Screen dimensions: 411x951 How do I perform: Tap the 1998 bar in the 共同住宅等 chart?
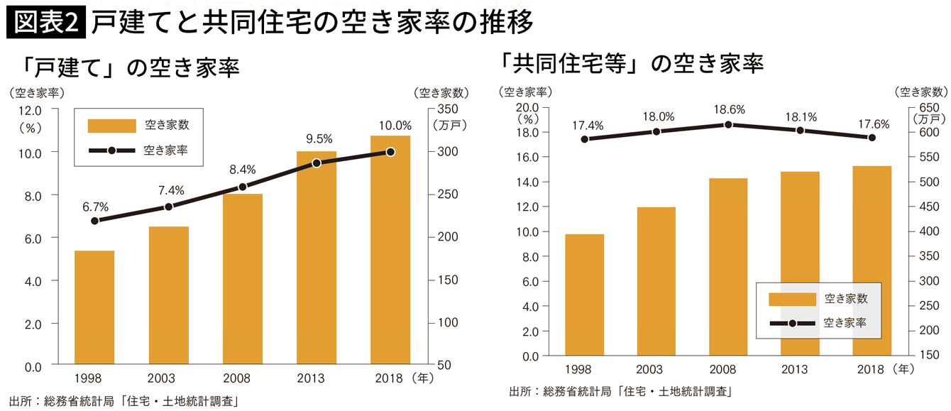[585, 295]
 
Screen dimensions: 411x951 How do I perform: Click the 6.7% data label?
[95, 207]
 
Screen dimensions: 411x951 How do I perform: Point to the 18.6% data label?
[729, 109]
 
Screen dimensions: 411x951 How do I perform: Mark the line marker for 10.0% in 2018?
[390, 152]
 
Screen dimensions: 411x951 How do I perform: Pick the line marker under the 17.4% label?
[585, 139]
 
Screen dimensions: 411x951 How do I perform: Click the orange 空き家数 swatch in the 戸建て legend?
[111, 126]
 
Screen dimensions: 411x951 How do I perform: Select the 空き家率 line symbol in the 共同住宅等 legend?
[792, 324]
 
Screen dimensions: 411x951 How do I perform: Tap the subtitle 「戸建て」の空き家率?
[131, 68]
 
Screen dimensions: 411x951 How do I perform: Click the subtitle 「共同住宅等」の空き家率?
[631, 64]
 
